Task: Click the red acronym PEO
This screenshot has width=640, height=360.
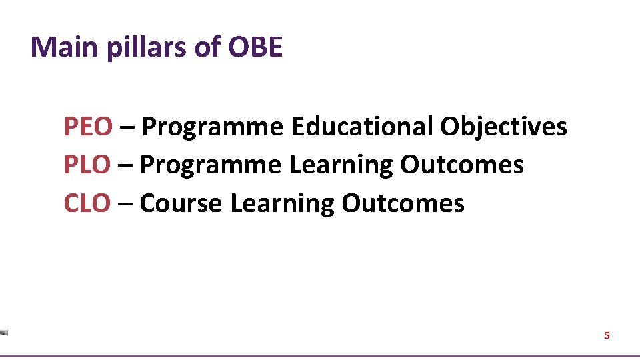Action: coord(88,126)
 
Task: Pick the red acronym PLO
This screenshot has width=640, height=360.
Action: coord(87,165)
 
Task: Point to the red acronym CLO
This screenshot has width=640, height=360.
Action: coord(87,203)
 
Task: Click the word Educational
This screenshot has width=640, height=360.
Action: coord(362,126)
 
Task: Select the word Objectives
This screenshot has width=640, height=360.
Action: coord(503,126)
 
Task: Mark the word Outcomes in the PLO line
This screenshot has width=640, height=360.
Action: coord(462,165)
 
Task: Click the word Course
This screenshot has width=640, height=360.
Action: coord(181,203)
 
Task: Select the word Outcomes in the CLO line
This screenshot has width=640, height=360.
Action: coord(403,203)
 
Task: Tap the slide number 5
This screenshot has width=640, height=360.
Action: coord(607,335)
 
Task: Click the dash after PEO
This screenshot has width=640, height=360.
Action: coord(127,127)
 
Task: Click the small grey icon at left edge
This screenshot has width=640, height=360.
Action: coord(4,332)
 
